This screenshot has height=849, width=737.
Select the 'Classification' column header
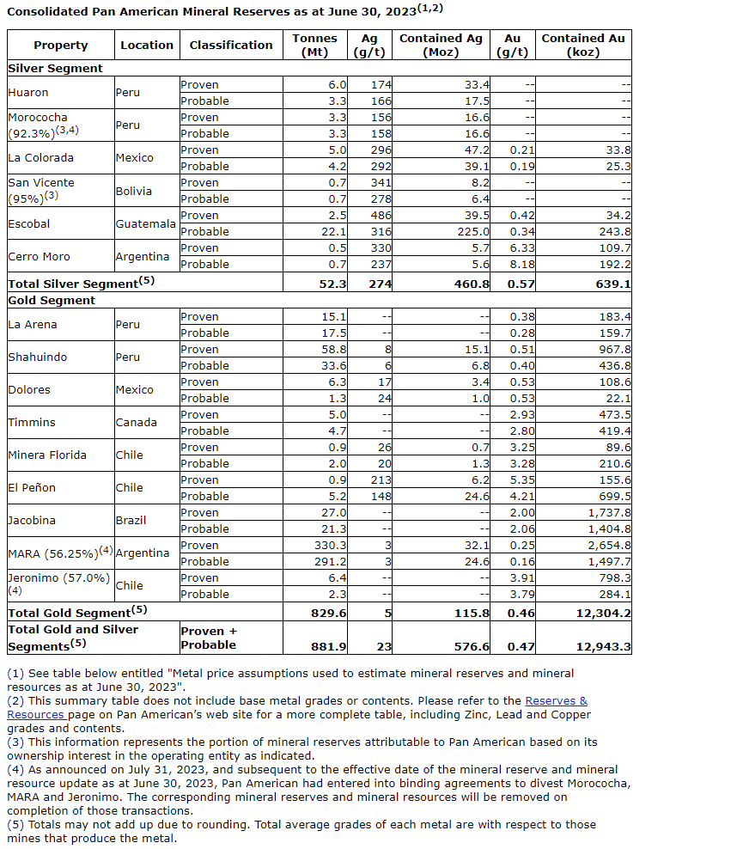pyautogui.click(x=231, y=45)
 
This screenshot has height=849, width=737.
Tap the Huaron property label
pyautogui.click(x=28, y=93)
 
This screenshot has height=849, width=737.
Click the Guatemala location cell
pyautogui.click(x=146, y=223)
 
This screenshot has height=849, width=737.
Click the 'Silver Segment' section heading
pyautogui.click(x=55, y=68)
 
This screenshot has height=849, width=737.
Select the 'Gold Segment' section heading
pyautogui.click(x=52, y=301)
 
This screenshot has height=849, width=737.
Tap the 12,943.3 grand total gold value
pyautogui.click(x=599, y=646)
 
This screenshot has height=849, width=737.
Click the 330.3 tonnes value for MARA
pyautogui.click(x=332, y=546)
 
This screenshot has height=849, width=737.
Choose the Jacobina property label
pyautogui.click(x=32, y=521)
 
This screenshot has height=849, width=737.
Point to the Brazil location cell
pyautogui.click(x=131, y=521)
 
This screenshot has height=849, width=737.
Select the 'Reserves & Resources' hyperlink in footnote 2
pyautogui.click(x=556, y=701)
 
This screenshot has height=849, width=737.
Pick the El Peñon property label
pyautogui.click(x=33, y=488)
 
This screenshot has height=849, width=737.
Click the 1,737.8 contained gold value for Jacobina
pyautogui.click(x=606, y=513)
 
